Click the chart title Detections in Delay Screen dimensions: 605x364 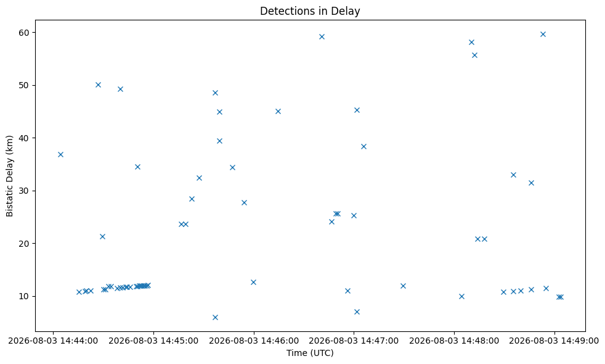click(x=310, y=11)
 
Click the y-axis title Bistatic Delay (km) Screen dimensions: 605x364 click(x=10, y=176)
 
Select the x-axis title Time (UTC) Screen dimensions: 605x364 click(x=310, y=353)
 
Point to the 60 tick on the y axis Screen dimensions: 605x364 click(x=24, y=33)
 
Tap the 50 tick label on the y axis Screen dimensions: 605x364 click(x=24, y=85)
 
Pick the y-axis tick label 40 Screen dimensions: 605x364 click(x=24, y=138)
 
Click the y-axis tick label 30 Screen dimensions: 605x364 click(x=24, y=191)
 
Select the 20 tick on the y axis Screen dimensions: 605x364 click(x=24, y=244)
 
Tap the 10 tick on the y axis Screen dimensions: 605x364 click(x=24, y=296)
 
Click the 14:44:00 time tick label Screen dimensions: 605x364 click(x=53, y=341)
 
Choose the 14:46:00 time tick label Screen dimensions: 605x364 click(x=254, y=341)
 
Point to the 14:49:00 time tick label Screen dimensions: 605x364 click(x=554, y=341)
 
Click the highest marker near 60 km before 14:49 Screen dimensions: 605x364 click(x=543, y=35)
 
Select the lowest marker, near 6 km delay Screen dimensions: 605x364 click(x=215, y=317)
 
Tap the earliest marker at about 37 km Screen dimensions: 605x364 click(x=60, y=155)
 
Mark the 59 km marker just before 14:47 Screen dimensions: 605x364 click(x=322, y=37)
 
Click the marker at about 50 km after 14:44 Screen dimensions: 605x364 click(x=98, y=85)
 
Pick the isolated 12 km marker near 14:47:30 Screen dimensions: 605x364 click(x=403, y=286)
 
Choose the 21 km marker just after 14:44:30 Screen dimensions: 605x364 click(x=103, y=236)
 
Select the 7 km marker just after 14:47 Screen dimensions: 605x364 click(x=357, y=312)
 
